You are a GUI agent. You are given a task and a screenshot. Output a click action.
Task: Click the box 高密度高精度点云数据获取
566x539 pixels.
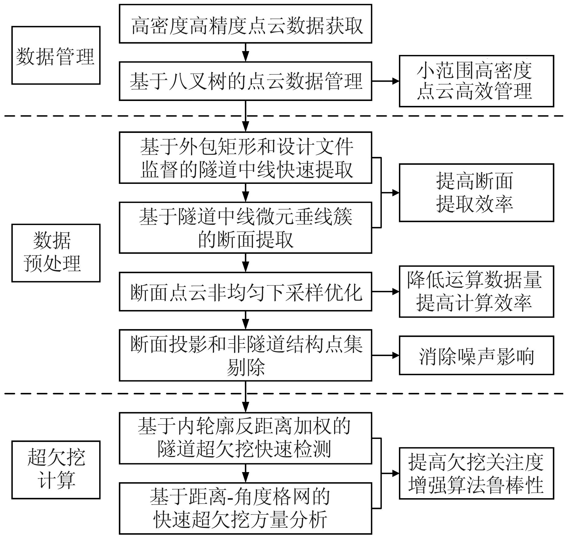click(245, 24)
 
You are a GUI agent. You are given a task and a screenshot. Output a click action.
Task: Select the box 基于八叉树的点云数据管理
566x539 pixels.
click(245, 81)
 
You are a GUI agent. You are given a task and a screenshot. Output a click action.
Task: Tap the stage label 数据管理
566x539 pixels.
click(56, 55)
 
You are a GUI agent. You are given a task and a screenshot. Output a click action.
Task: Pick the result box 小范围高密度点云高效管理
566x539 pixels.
click(476, 81)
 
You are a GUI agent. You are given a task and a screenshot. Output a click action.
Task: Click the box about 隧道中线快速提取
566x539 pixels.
click(245, 158)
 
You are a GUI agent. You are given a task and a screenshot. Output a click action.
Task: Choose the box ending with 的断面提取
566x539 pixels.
click(245, 227)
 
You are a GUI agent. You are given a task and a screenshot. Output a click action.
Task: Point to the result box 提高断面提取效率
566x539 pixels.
click(476, 192)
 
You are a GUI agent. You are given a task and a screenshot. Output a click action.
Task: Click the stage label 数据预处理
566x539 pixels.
click(56, 253)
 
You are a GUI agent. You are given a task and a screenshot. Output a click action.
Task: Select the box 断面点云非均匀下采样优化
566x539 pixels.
click(245, 291)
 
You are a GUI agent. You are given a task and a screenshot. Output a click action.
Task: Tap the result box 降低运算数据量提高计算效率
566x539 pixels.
click(476, 291)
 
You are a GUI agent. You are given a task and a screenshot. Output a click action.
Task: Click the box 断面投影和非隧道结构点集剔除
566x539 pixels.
click(245, 355)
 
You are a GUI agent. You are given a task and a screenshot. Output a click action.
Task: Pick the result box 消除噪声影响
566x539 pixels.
click(476, 355)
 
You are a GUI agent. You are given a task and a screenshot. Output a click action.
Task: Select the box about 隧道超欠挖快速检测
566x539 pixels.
click(245, 438)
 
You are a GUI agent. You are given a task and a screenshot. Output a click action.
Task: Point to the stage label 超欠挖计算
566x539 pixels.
click(56, 470)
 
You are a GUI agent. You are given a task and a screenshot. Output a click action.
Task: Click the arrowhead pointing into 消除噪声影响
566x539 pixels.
click(395, 355)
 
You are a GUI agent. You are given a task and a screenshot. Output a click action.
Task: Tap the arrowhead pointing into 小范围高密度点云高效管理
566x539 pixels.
click(395, 81)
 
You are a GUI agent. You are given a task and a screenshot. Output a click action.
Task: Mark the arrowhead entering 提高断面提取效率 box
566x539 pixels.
click(395, 192)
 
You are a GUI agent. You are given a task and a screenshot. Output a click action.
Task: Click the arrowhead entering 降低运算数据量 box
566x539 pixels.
click(395, 291)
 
